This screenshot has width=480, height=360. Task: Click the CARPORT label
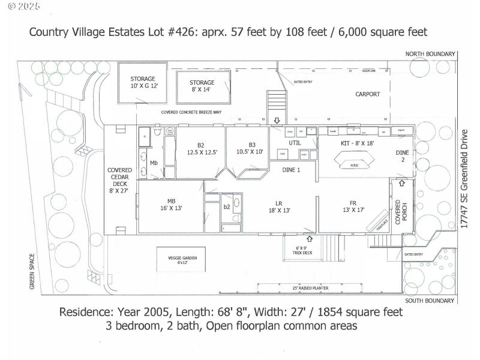pyautogui.click(x=368, y=94)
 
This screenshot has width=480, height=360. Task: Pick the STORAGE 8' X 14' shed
pyautogui.click(x=202, y=86)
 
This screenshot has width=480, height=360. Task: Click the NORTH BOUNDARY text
pyautogui.click(x=430, y=54)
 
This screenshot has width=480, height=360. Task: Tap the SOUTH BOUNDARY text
pyautogui.click(x=430, y=300)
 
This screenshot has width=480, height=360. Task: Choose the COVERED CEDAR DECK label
pyautogui.click(x=120, y=180)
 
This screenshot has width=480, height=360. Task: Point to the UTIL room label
pyautogui.click(x=294, y=143)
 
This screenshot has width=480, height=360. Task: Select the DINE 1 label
pyautogui.click(x=291, y=170)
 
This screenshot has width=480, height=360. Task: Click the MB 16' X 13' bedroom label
pyautogui.click(x=171, y=204)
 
